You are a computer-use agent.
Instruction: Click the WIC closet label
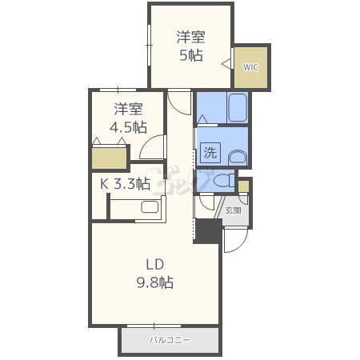point(250,67)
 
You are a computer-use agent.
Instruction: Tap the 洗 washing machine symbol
point(210,153)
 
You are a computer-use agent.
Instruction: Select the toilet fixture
point(224,181)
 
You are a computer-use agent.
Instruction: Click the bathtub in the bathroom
point(238,108)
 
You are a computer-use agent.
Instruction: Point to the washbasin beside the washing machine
point(238,158)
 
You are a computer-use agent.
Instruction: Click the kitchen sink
point(150,207)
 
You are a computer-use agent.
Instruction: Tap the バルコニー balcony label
point(170,340)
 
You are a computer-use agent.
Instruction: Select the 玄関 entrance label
point(234,210)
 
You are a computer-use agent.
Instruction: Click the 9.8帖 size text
point(155,282)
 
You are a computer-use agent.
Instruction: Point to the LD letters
point(155,264)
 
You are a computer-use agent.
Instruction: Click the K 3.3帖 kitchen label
point(125,184)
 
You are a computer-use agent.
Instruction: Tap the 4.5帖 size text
point(128,127)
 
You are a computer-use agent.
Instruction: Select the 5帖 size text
point(191,55)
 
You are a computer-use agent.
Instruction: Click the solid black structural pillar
point(208,231)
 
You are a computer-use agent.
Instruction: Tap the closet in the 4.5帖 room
point(109,158)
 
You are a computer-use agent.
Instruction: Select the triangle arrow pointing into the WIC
point(227,64)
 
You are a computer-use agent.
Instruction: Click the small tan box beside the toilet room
point(243,186)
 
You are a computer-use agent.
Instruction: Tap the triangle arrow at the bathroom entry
point(203,119)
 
